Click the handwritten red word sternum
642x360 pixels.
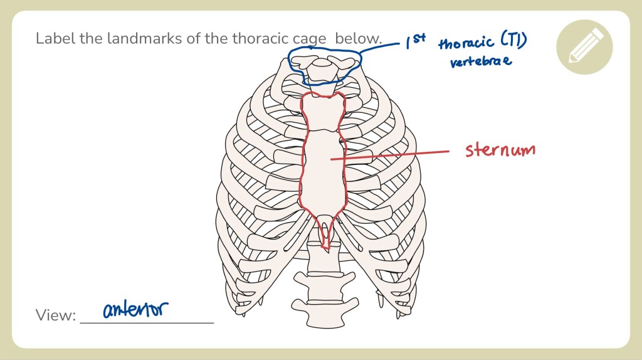coord(500,151)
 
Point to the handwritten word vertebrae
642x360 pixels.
coord(481,61)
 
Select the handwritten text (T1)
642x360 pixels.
coord(513,42)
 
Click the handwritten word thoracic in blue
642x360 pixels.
coord(466,44)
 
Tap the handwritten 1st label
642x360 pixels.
coord(415,41)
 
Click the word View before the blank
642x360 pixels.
coord(55,315)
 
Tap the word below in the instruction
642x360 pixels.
coord(357,38)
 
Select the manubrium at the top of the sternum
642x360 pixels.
coord(322,112)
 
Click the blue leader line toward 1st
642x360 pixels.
coord(382,45)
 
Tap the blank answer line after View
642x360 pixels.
coord(147,322)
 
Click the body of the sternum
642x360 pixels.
coord(323,169)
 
